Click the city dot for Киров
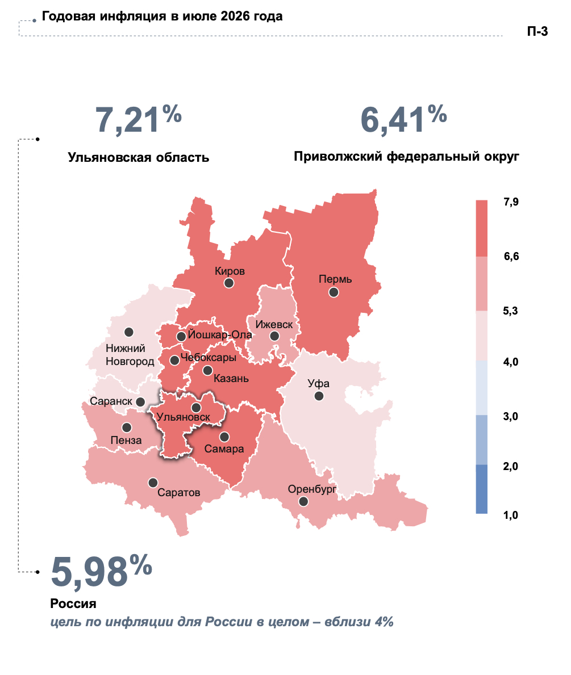click(x=229, y=283)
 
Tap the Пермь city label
click(x=335, y=279)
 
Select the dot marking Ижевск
click(x=274, y=336)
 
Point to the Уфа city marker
click(x=319, y=396)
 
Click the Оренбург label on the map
click(x=312, y=489)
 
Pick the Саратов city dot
click(x=153, y=483)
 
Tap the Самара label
click(x=224, y=449)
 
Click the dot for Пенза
click(x=127, y=427)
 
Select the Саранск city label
click(x=111, y=401)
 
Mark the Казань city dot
click(x=208, y=370)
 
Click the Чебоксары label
click(x=209, y=357)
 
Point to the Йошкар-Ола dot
click(x=181, y=337)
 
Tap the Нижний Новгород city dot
click(x=129, y=332)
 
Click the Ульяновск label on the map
click(x=183, y=417)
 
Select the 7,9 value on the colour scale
click(x=511, y=202)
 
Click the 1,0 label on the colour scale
click(x=511, y=515)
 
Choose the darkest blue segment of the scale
click(x=482, y=489)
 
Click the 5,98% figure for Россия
click(x=102, y=571)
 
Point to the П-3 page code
click(x=537, y=31)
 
